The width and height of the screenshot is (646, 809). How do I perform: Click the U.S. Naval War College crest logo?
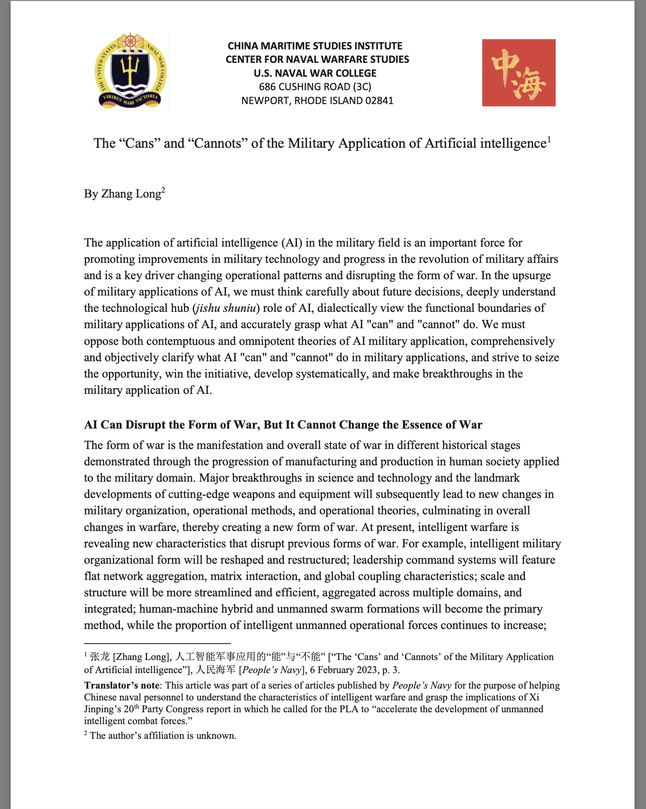(x=131, y=72)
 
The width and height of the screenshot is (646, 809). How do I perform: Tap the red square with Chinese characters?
(x=518, y=73)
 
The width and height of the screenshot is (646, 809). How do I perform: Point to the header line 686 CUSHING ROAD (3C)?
(x=315, y=87)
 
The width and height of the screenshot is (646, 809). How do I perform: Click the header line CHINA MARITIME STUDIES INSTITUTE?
(x=315, y=46)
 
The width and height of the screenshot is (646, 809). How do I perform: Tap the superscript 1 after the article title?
(x=549, y=140)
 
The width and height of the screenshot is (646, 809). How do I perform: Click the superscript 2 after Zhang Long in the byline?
(x=163, y=190)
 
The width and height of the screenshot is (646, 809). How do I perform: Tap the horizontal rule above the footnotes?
(x=157, y=643)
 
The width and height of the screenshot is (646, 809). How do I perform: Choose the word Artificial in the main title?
(x=450, y=143)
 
